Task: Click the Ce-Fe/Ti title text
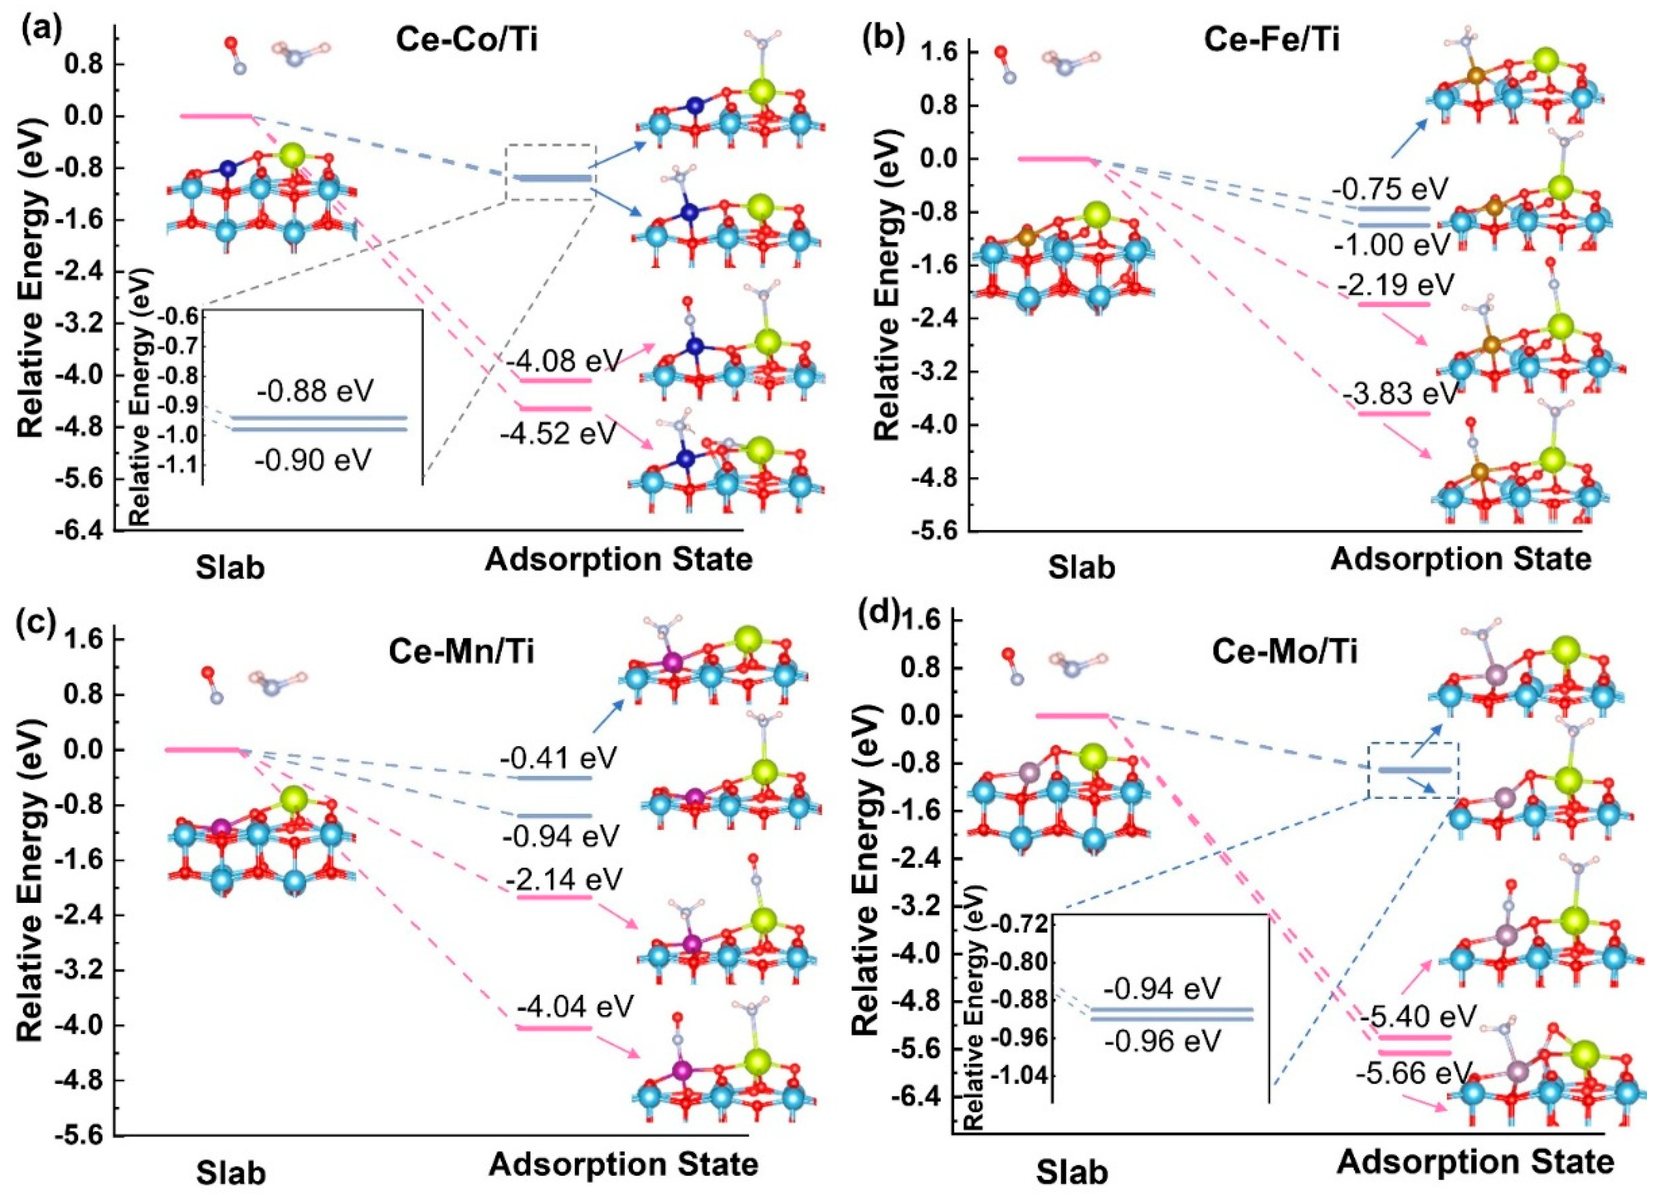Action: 1271,40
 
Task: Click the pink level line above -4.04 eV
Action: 554,1028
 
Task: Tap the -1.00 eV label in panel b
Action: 1391,246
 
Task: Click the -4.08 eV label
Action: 564,360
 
